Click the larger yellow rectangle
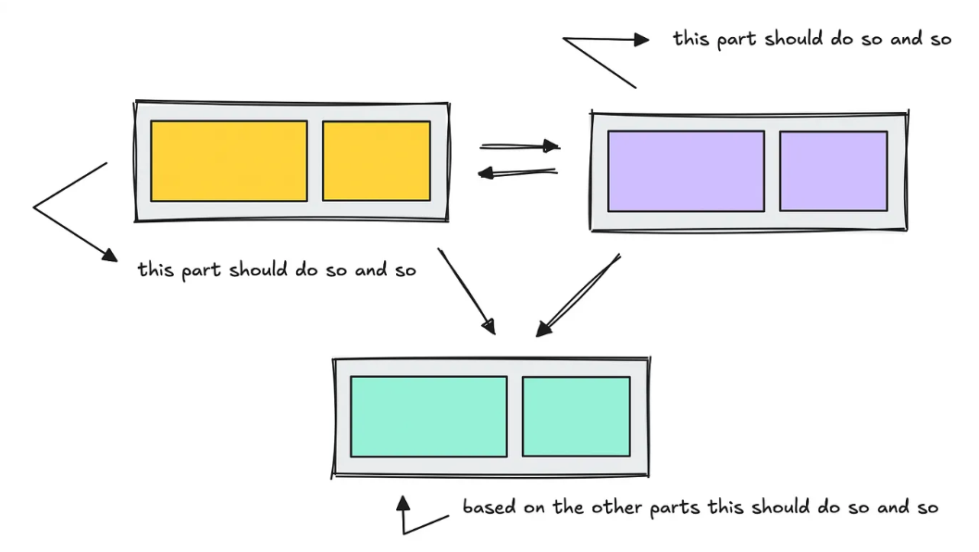click(229, 160)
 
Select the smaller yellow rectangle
click(376, 160)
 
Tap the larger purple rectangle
click(686, 170)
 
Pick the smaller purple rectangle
click(833, 170)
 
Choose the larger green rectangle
click(428, 416)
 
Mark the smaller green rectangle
click(576, 416)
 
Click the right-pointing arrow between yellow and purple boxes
click(520, 145)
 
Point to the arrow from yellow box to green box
click(466, 291)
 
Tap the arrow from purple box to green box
click(577, 295)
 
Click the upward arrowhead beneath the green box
click(403, 504)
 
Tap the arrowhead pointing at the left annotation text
click(108, 254)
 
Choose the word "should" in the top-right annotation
click(796, 40)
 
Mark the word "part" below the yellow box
click(200, 271)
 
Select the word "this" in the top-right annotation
click(690, 40)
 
